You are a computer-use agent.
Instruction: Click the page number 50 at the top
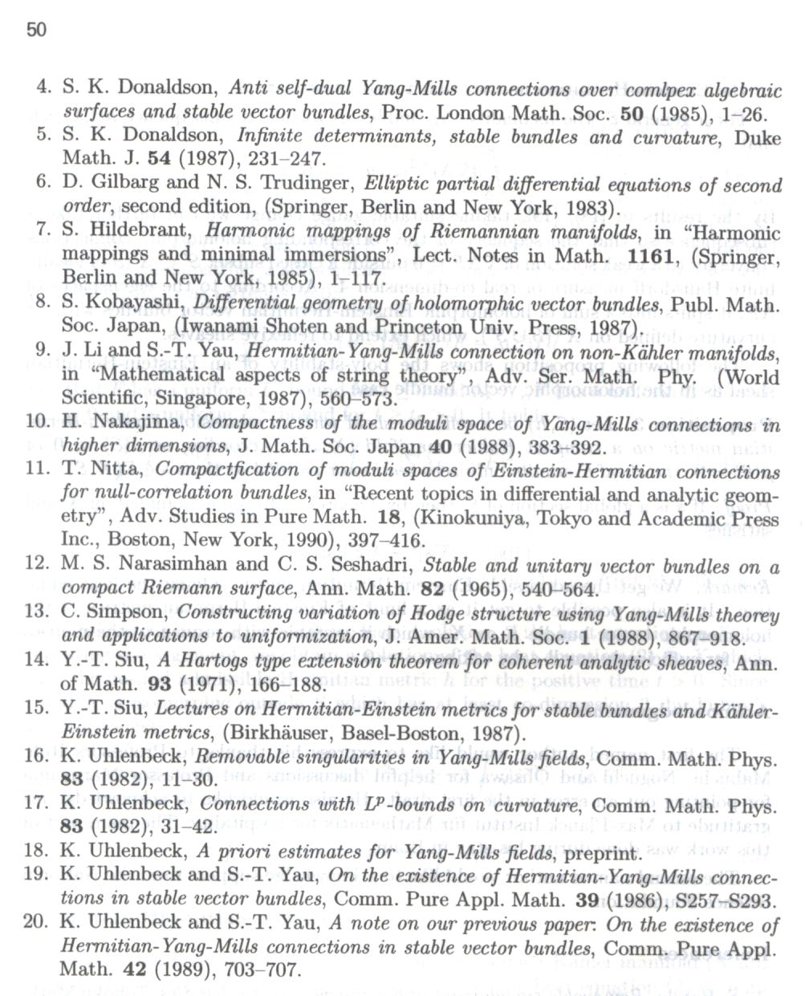pyautogui.click(x=37, y=30)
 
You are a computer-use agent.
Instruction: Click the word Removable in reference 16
pyautogui.click(x=237, y=757)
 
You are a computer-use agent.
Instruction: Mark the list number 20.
pyautogui.click(x=36, y=923)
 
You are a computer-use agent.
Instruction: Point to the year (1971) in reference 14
pyautogui.click(x=208, y=685)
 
